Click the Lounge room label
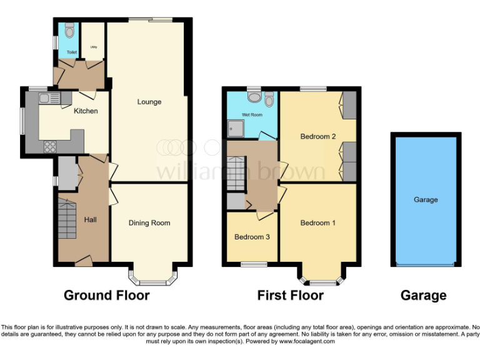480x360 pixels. point(149,102)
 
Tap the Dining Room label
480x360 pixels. point(149,222)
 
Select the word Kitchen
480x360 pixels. point(86,111)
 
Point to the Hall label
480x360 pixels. point(91,219)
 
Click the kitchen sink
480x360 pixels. point(49,98)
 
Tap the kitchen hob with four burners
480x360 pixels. point(49,147)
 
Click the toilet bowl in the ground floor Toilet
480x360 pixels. point(69,30)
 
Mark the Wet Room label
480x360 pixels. point(252,115)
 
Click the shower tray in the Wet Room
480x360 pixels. point(237,129)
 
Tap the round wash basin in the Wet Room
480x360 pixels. point(254,96)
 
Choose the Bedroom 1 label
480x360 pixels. point(318,222)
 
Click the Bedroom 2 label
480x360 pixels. point(318,136)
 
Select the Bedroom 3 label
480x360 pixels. point(252,237)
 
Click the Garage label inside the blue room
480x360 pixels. point(426,200)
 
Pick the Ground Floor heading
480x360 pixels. point(107,295)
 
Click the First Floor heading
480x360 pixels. point(291,295)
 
